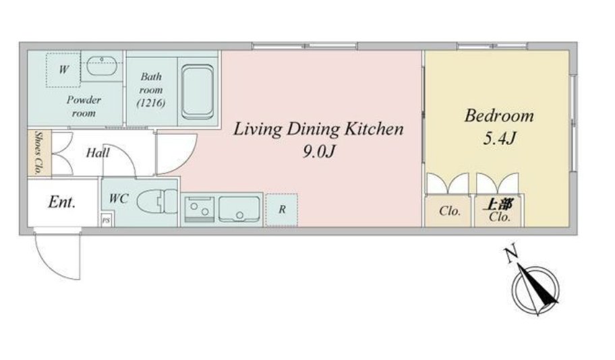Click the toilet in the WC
point(157,202)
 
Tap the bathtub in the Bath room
point(198,92)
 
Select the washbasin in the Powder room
point(102,66)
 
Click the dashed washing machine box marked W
point(63,70)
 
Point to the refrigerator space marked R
point(281,210)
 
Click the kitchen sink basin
point(239,209)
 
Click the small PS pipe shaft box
point(106,220)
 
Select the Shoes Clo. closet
point(39,152)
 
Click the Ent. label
point(62,202)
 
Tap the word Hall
point(98,152)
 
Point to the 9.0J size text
point(318,151)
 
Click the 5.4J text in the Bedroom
point(499,138)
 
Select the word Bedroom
point(499,116)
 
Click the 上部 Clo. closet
point(499,211)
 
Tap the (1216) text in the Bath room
point(151,102)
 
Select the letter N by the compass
point(510,256)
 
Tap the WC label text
point(119,198)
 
